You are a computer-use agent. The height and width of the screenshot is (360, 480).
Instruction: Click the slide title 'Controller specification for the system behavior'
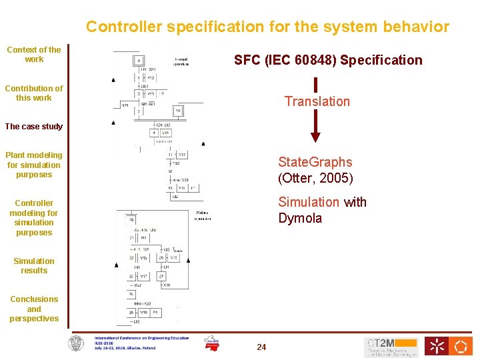[267, 27]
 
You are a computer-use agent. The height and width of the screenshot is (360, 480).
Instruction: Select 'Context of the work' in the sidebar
[34, 54]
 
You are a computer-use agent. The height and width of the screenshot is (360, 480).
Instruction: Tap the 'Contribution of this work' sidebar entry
[34, 93]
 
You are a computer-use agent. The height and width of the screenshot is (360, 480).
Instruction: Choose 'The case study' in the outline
[34, 127]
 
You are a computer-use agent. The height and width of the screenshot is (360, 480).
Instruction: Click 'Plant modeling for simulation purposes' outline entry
[34, 165]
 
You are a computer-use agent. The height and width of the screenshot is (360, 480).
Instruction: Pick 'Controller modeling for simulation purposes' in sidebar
[34, 218]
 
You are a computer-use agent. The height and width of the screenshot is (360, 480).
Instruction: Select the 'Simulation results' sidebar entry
[34, 266]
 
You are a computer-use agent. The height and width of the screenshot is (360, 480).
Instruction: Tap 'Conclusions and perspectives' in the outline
[34, 309]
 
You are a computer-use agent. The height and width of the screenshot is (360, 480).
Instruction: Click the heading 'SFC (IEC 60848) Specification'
[328, 61]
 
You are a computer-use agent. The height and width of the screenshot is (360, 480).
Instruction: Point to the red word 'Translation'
[317, 101]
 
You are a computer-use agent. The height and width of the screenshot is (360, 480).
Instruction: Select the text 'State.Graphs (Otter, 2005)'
[315, 170]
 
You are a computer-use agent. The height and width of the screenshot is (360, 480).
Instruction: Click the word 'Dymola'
[300, 219]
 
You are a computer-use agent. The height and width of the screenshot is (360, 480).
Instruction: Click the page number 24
[261, 347]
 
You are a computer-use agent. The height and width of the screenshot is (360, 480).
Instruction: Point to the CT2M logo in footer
[391, 346]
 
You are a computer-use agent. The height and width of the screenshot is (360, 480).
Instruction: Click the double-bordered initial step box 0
[140, 61]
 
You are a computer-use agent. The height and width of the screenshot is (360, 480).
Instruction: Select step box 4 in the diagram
[153, 133]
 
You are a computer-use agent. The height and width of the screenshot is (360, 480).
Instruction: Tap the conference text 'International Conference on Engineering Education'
[141, 338]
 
